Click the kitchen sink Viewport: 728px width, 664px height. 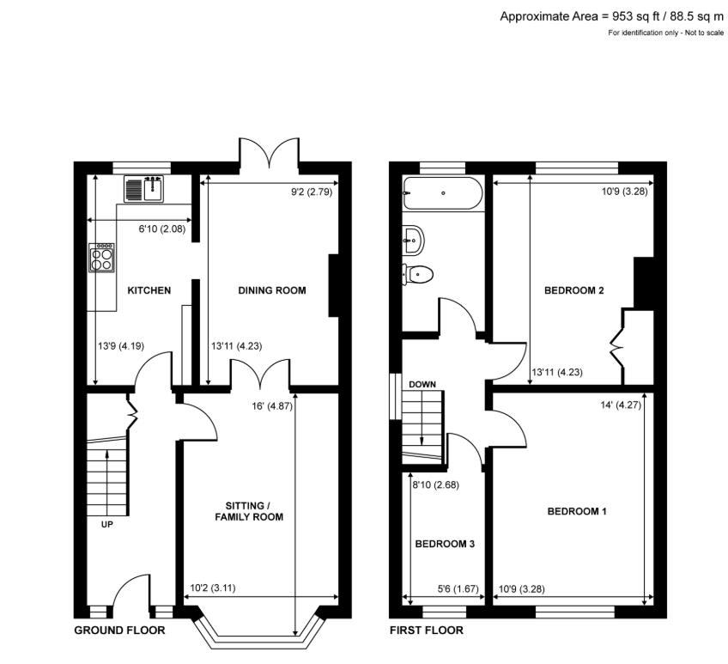143,189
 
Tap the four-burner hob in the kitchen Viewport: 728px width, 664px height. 102,258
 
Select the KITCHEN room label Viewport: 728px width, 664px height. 149,290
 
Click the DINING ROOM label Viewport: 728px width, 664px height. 272,290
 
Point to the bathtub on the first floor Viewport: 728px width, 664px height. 443,193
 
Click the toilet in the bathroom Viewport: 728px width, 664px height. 417,274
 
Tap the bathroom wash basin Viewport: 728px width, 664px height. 413,240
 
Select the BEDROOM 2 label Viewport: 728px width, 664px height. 573,290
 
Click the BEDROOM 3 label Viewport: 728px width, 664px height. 445,544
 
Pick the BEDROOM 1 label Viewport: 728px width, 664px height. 577,512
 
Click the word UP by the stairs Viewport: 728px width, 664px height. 106,525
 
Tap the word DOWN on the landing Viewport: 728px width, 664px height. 422,384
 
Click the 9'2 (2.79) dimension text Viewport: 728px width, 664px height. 312,192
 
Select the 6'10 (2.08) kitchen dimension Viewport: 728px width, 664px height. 162,228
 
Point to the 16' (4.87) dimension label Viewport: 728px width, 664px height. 272,405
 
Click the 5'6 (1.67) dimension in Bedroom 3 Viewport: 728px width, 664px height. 458,588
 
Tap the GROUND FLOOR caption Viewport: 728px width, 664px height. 120,630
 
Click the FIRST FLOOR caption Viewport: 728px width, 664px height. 426,630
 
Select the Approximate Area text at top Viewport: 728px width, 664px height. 611,16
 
